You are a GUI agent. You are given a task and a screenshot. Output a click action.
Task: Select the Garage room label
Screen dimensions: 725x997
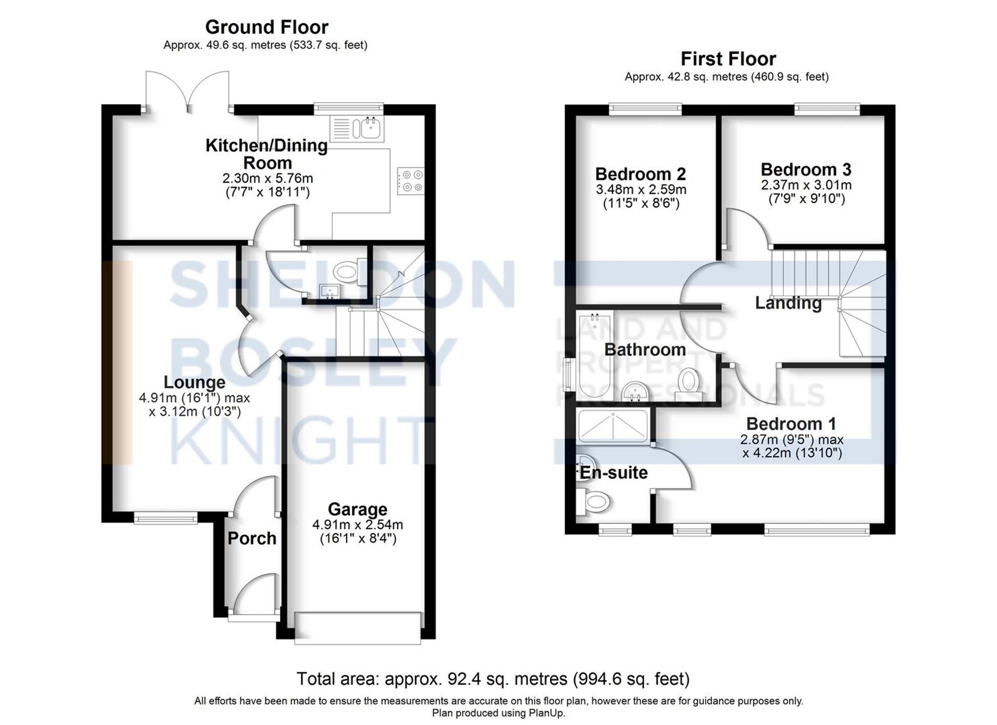coord(357,509)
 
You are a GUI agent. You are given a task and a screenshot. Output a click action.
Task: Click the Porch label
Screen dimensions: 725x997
coord(252,538)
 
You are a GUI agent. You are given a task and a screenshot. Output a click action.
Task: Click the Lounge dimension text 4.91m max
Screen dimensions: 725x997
coord(194,398)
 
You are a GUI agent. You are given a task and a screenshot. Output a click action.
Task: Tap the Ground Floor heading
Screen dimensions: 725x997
coord(267,27)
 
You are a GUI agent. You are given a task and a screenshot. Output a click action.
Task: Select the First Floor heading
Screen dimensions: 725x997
coord(728,59)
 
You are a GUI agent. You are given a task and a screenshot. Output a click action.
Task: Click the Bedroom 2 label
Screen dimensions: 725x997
coord(641,174)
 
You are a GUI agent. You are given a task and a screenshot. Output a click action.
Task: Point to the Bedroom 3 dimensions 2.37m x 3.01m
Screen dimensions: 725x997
coord(806,185)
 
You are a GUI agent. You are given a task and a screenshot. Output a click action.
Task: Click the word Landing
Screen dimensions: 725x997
coord(788,302)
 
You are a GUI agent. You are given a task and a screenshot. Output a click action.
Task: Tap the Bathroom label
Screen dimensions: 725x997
coord(645,349)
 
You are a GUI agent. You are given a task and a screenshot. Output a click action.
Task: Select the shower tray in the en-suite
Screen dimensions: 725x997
coord(613,426)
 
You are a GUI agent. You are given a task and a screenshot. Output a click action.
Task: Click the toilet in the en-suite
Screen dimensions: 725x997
coord(593,501)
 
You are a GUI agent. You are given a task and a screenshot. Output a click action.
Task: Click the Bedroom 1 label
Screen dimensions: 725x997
coord(791,424)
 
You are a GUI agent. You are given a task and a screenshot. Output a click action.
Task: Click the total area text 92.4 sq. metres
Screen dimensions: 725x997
coord(493,679)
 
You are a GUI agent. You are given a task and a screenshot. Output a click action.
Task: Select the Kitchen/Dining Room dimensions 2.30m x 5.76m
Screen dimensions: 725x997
coord(268,178)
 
